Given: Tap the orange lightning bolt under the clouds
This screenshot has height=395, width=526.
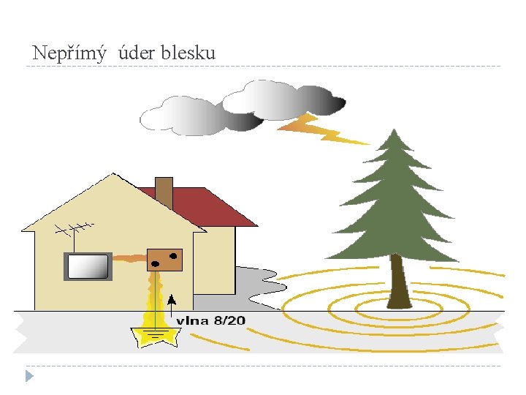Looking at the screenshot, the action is click(321, 129).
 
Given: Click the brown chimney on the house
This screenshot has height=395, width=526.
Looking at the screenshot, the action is click(164, 192).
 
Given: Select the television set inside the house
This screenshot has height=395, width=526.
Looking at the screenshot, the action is click(88, 267).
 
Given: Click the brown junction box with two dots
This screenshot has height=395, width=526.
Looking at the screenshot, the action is click(164, 259).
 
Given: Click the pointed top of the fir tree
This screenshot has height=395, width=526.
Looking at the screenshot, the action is click(394, 136).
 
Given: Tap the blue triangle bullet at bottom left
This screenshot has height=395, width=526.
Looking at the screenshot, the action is click(28, 376).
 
